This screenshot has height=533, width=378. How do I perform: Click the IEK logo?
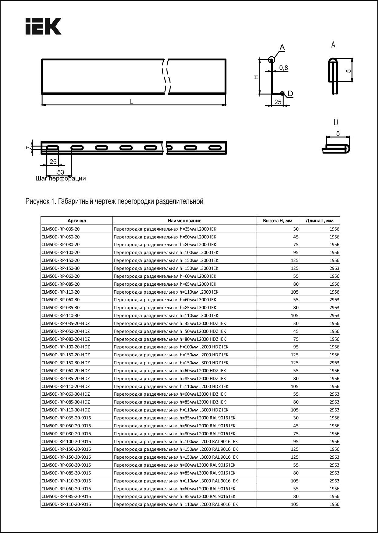(x=43, y=26)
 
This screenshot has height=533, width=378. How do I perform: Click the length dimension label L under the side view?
(x=131, y=101)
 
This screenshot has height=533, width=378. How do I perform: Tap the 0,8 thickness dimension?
(x=283, y=68)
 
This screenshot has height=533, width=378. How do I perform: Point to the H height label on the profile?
(x=256, y=77)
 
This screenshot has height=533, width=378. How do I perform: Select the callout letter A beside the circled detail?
(x=282, y=48)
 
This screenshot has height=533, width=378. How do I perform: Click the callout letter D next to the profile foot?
(x=290, y=94)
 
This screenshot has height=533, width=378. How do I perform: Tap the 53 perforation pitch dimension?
(x=61, y=172)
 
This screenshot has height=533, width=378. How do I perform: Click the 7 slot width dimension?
(x=28, y=148)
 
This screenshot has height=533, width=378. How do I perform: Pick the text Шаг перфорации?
(x=61, y=178)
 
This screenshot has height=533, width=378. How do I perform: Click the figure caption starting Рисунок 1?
(x=114, y=201)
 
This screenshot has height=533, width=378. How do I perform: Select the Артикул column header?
(x=77, y=221)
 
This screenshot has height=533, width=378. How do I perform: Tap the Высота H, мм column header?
(x=277, y=221)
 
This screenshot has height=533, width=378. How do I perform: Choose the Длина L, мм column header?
(x=319, y=221)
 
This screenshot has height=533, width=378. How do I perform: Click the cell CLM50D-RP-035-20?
(x=60, y=229)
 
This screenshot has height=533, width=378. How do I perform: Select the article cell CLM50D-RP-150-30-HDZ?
(x=66, y=363)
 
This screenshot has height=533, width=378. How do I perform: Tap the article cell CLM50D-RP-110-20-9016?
(x=66, y=504)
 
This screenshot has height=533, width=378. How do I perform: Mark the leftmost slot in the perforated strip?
(x=52, y=148)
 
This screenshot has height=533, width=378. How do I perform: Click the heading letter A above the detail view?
(x=333, y=45)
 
